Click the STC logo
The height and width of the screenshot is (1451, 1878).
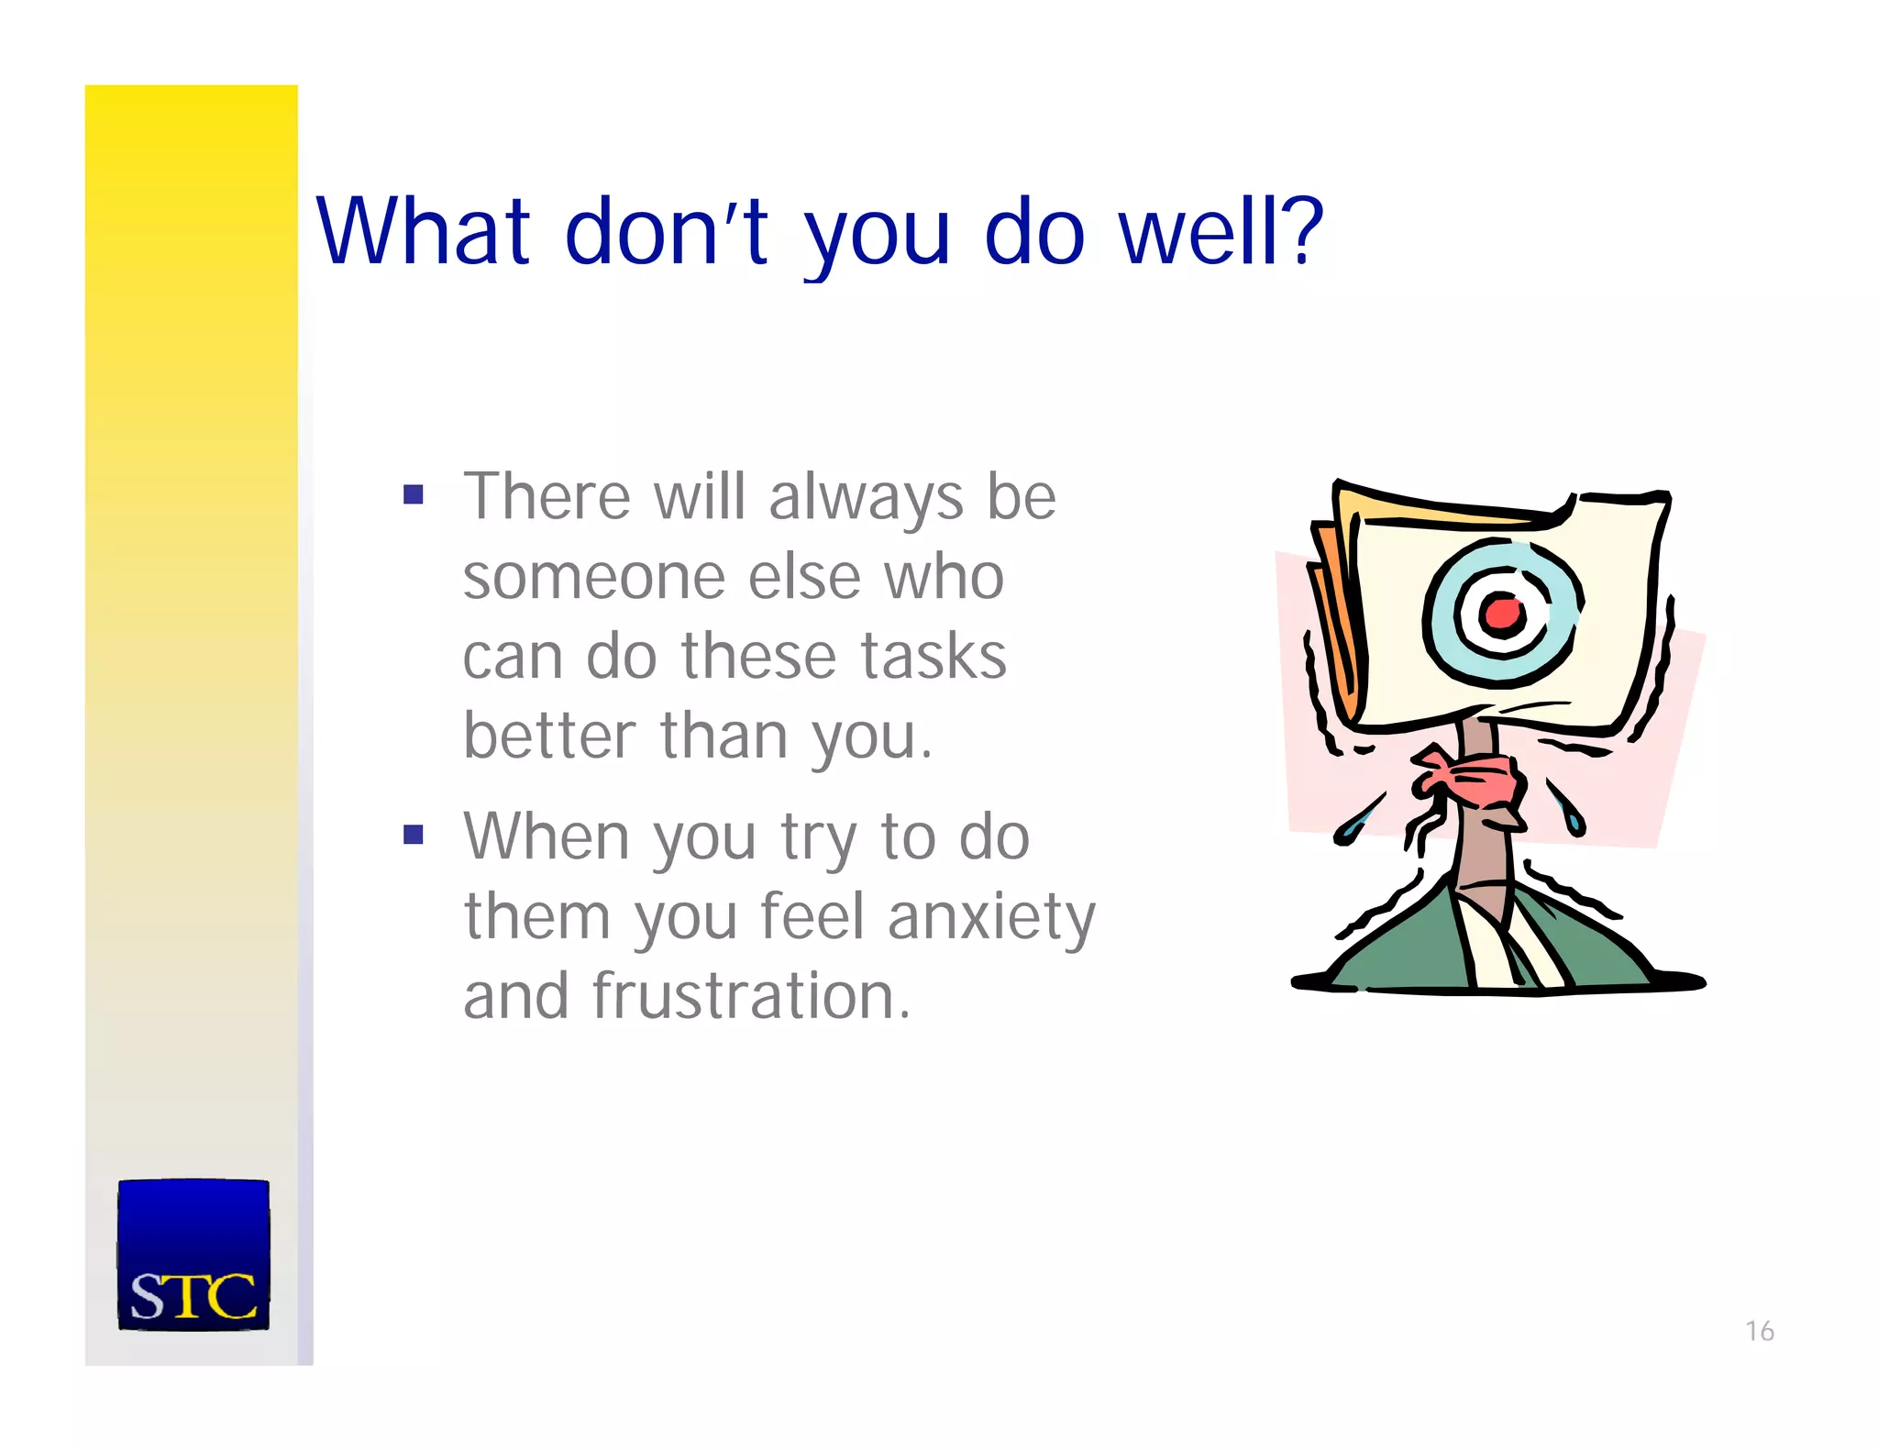[x=193, y=1255]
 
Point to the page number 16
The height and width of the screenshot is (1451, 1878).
[x=1759, y=1331]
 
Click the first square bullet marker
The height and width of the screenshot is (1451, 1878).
[x=414, y=496]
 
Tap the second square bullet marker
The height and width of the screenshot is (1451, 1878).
[x=414, y=835]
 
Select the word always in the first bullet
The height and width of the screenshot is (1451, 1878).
[x=866, y=498]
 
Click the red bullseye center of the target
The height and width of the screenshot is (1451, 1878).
[x=1501, y=613]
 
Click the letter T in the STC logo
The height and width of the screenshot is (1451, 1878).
[x=193, y=1297]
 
